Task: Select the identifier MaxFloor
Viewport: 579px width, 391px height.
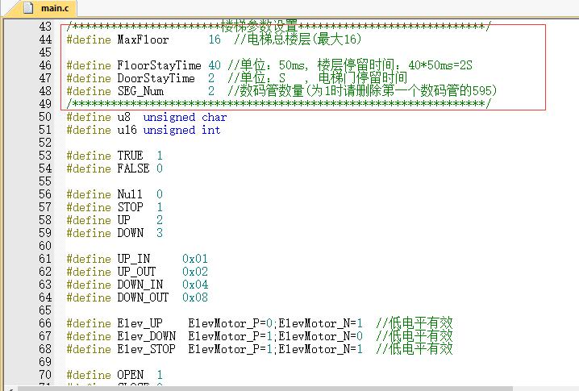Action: tap(143, 40)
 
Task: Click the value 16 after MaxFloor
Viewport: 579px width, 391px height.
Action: tap(215, 40)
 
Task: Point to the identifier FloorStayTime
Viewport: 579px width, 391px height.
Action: tap(159, 65)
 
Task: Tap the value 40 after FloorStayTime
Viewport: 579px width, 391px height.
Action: tap(215, 65)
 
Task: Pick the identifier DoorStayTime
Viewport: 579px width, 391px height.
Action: tap(156, 78)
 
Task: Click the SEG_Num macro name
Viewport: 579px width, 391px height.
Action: tap(140, 91)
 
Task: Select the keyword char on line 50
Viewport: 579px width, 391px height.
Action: tap(215, 117)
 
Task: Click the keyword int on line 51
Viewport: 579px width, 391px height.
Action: tap(210, 130)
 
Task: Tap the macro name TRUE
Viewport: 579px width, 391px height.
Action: tap(130, 156)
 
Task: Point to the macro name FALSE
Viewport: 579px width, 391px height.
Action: tap(133, 168)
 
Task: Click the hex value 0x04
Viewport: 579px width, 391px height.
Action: tap(195, 285)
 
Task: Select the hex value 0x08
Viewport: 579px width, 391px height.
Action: tap(195, 297)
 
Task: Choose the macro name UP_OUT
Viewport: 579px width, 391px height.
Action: tap(136, 272)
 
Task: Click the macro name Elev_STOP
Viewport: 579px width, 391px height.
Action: tap(146, 349)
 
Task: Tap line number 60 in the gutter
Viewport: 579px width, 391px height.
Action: tap(45, 246)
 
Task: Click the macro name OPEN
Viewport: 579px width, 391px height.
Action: tap(131, 375)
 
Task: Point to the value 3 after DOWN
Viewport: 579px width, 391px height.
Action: tap(160, 233)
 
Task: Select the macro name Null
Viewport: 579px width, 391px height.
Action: tap(130, 194)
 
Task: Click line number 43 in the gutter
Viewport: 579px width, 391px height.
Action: tap(45, 27)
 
